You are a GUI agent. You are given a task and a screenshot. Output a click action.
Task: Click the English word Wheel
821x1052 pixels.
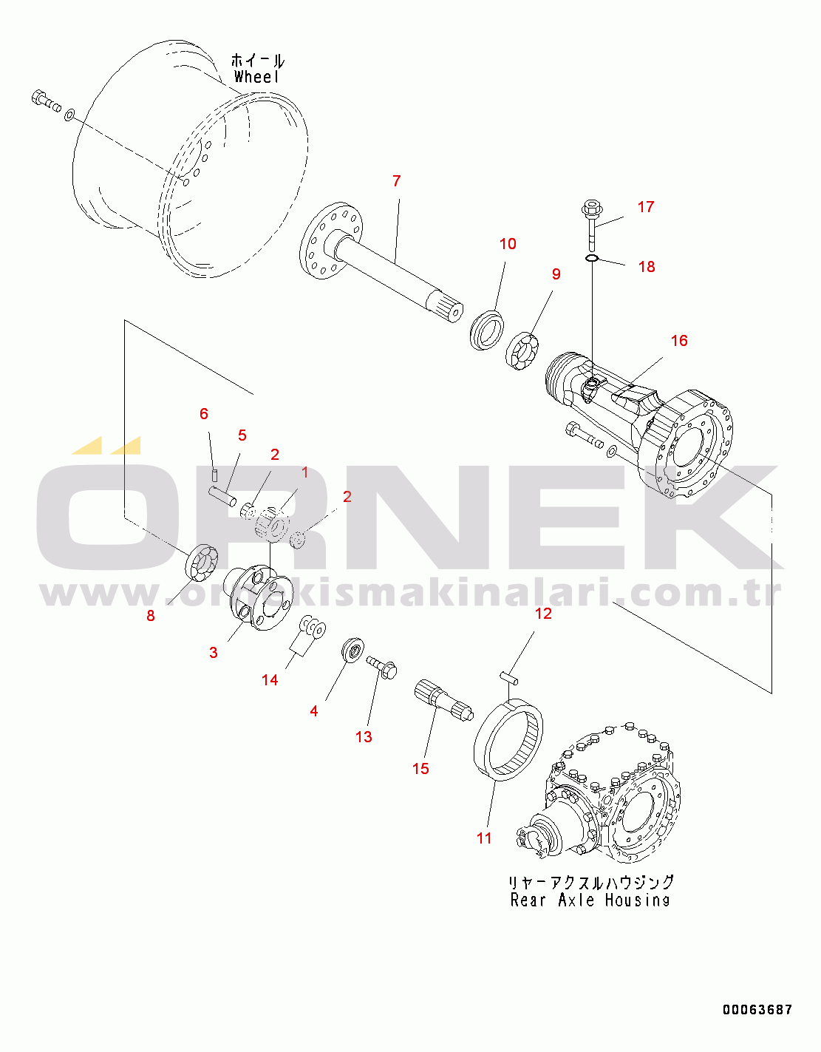click(x=256, y=76)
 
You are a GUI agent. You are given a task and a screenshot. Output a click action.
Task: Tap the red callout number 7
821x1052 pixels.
click(x=397, y=181)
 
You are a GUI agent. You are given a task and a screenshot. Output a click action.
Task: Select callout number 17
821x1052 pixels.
click(x=646, y=207)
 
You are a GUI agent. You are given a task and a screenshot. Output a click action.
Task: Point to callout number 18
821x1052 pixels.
click(x=647, y=267)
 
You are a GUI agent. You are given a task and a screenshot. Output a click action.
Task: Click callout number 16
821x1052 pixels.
click(x=679, y=340)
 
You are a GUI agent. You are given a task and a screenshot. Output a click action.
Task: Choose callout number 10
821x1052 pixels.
click(x=508, y=243)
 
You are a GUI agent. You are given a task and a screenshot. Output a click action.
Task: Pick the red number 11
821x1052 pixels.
click(x=484, y=838)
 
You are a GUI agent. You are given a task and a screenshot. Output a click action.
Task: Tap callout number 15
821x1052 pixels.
click(x=421, y=768)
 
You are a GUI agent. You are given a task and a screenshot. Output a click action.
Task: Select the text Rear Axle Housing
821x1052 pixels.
click(x=590, y=900)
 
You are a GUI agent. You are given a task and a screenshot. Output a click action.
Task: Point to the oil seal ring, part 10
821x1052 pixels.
click(x=487, y=330)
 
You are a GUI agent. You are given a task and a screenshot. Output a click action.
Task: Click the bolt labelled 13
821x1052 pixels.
click(x=382, y=666)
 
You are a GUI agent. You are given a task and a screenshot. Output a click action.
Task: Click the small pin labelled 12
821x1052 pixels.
click(x=508, y=677)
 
